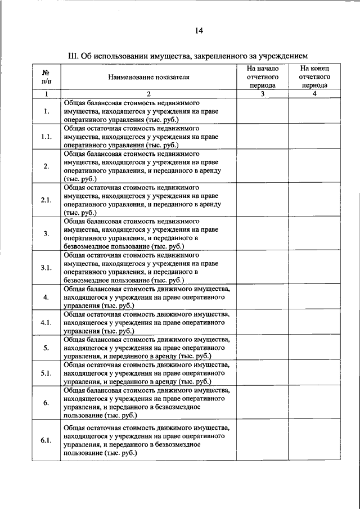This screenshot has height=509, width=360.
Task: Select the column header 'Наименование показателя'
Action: coord(149,78)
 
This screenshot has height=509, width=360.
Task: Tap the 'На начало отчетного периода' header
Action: coord(263,77)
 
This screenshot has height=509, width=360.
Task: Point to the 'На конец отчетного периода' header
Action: coord(314,77)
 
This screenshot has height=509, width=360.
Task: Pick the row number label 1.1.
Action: coord(46,137)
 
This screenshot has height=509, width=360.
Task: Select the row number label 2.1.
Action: coord(46,200)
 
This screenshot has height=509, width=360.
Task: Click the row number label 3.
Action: coord(46,233)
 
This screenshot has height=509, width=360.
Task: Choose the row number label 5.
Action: coord(46,348)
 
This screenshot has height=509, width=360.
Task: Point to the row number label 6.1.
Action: coord(46,440)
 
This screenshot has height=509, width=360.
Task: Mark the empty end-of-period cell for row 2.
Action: coord(314,166)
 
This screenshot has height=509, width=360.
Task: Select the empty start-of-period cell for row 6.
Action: coord(263,402)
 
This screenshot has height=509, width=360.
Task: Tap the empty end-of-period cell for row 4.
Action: coord(314,296)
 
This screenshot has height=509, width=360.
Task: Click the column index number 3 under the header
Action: coord(263,94)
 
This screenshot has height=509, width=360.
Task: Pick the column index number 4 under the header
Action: coord(314,94)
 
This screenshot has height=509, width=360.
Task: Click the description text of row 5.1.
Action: coord(146,373)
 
